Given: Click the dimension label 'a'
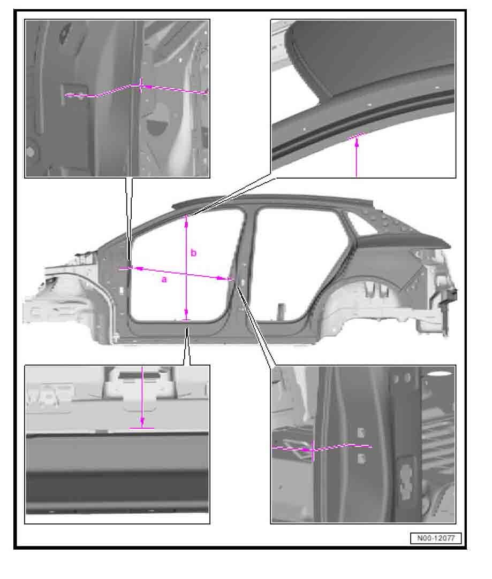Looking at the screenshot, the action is coord(164,280).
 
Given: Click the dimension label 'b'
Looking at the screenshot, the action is coord(193,253).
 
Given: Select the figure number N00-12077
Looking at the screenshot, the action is coord(436,538).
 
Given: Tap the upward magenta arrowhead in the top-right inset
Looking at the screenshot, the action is coord(357,143).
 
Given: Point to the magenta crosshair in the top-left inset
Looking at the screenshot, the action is coord(140,86).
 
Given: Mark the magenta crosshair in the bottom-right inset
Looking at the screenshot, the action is coord(313,450).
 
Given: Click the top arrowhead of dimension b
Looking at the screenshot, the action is coord(186,220).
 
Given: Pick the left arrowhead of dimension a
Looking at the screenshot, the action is coord(137,269).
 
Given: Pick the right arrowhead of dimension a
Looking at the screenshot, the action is coord(222,278).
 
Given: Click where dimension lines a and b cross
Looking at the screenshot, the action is coord(186,274).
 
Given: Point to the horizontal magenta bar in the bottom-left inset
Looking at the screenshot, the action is coord(141,428).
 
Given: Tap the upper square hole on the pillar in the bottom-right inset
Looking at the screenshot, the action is coord(361,433).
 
